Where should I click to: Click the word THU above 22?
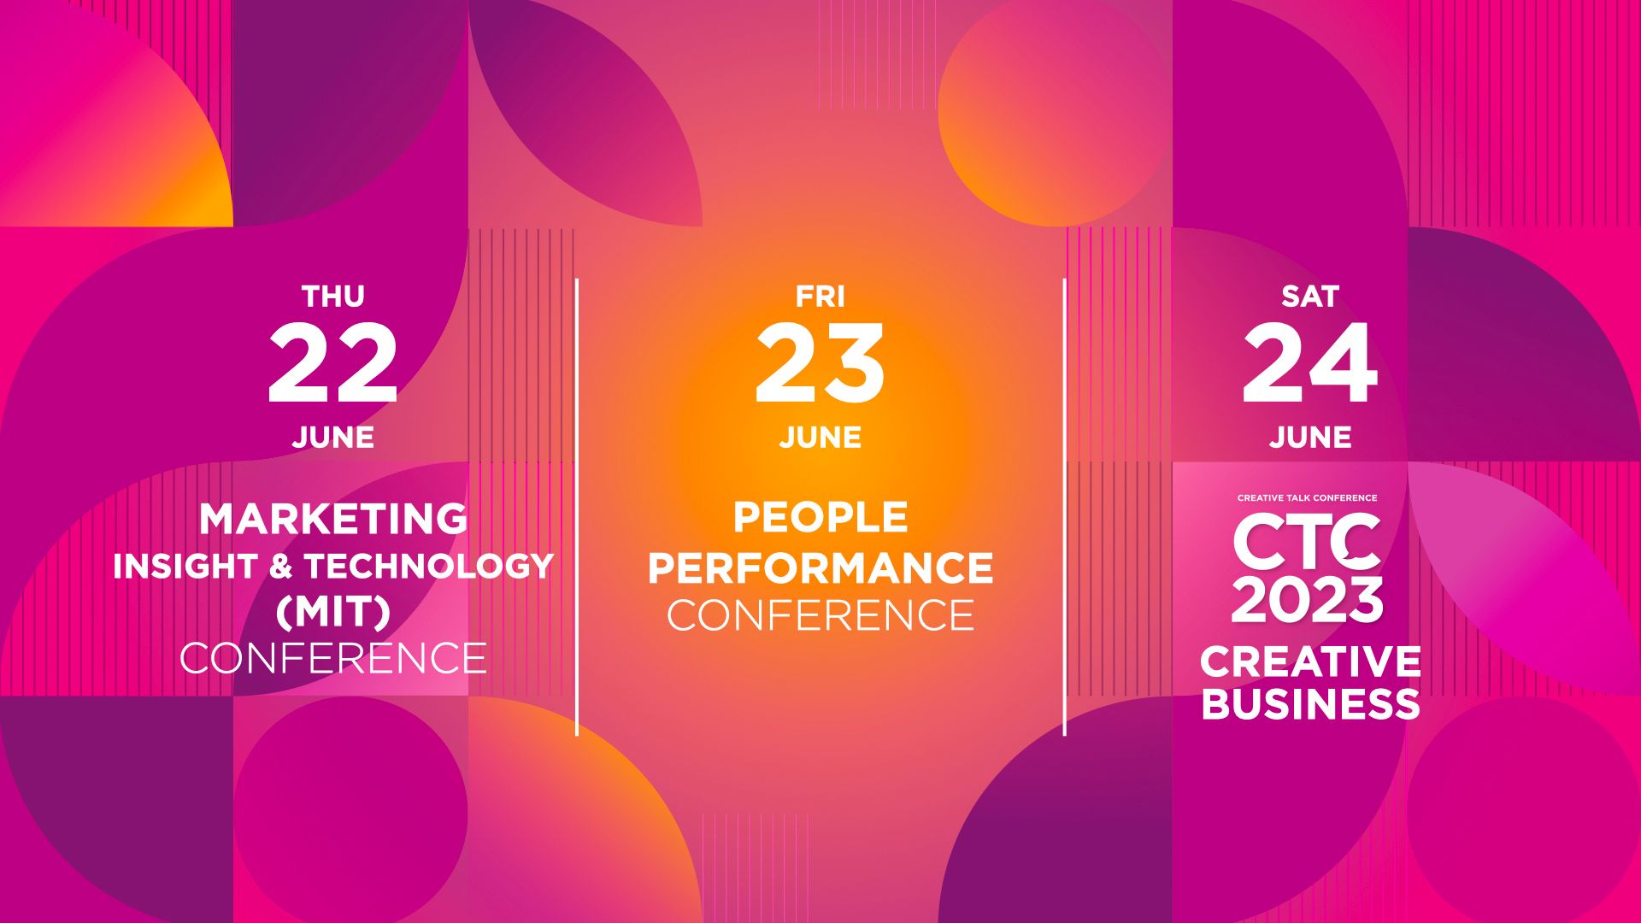point(333,297)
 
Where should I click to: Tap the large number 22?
point(333,364)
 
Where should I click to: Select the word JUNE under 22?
point(333,438)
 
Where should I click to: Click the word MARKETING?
point(333,519)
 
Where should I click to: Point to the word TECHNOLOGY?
point(429,567)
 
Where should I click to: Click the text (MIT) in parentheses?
point(333,611)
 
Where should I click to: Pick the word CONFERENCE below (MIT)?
point(333,658)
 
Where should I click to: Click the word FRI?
point(820,297)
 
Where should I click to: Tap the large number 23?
point(820,364)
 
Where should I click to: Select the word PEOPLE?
point(820,517)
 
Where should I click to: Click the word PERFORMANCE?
point(820,567)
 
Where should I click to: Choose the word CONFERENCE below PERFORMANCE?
point(820,615)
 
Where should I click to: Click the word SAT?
point(1310,297)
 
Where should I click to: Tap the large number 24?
point(1310,364)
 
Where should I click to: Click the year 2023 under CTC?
point(1308,599)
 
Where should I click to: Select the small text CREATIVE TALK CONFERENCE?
point(1308,497)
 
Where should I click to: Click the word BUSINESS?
point(1310,704)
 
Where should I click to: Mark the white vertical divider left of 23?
point(577,507)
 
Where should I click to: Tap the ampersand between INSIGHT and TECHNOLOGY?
point(281,567)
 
